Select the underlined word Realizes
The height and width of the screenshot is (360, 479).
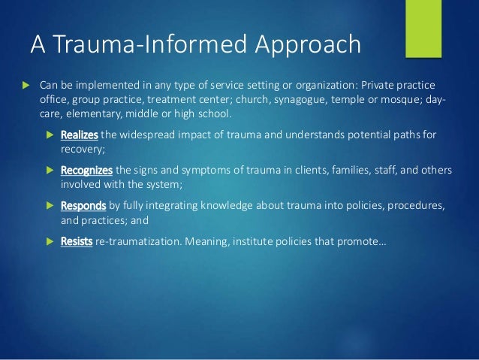pyautogui.click(x=79, y=135)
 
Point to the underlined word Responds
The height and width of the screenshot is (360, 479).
pyautogui.click(x=83, y=205)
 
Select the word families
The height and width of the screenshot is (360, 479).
pyautogui.click(x=347, y=171)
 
